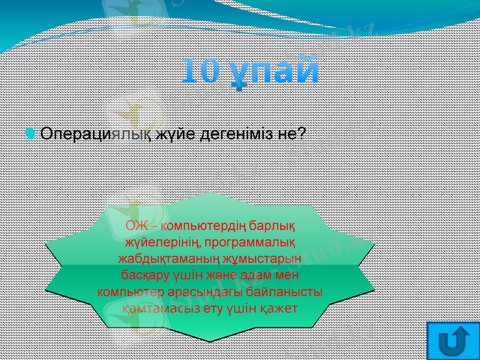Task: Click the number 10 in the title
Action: (x=199, y=72)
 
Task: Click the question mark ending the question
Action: (x=301, y=133)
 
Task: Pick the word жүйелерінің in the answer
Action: (x=159, y=242)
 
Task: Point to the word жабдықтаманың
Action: (x=162, y=259)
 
